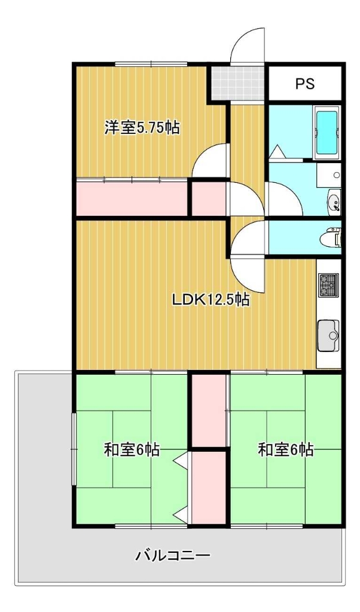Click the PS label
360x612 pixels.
304,83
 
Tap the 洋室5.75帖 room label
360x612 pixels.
142,128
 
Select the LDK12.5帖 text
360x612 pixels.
210,299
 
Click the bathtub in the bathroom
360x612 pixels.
327,132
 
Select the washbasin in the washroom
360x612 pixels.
334,202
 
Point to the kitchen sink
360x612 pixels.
328,336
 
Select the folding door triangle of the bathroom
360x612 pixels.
278,152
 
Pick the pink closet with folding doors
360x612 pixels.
209,488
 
